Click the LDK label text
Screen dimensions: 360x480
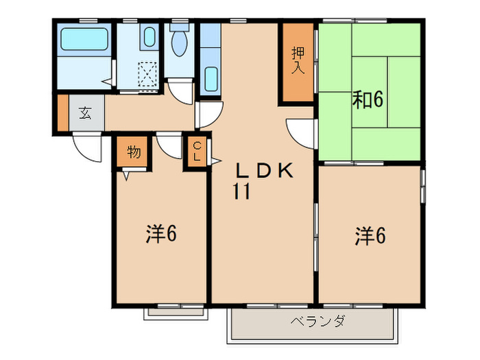click(x=265, y=171)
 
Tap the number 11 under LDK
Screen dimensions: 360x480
click(x=240, y=192)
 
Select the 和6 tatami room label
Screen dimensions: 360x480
click(x=368, y=100)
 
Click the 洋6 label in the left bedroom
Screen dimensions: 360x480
click(x=161, y=235)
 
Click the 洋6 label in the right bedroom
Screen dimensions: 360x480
click(x=370, y=237)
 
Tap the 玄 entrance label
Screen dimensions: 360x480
click(x=84, y=113)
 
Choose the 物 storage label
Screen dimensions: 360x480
click(x=134, y=152)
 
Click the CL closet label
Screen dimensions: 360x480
click(x=196, y=152)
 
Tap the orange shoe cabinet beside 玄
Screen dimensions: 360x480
click(x=62, y=113)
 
